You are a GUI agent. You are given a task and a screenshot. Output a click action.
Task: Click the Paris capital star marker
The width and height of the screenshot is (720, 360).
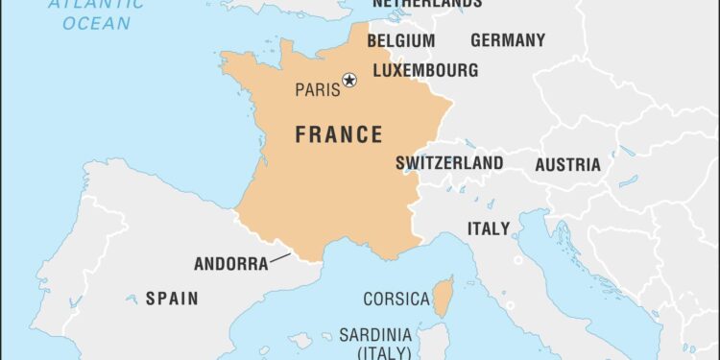pyautogui.click(x=349, y=79)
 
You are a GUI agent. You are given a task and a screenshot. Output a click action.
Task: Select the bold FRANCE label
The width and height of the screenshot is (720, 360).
pyautogui.click(x=339, y=134)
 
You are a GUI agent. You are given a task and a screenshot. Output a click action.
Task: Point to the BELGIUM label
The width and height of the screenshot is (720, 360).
pyautogui.click(x=400, y=41)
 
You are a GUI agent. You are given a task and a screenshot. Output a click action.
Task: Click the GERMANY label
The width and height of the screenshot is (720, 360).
pyautogui.click(x=507, y=40)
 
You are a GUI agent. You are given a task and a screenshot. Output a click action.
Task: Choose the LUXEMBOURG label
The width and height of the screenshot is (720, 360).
pyautogui.click(x=424, y=70)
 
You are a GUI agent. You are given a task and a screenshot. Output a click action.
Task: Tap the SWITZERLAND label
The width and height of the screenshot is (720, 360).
pyautogui.click(x=449, y=163)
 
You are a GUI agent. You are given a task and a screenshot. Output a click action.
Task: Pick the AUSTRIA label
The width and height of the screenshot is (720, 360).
pyautogui.click(x=567, y=165)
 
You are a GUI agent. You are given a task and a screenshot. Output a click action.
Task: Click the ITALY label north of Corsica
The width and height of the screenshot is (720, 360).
pyautogui.click(x=489, y=228)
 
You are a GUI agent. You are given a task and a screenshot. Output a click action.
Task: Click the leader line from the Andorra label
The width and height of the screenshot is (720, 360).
pyautogui.click(x=280, y=256)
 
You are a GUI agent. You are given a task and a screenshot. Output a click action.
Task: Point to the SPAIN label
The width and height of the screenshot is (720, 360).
pyautogui.click(x=172, y=299)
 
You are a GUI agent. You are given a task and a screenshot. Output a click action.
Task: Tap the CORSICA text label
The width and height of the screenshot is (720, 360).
pyautogui.click(x=396, y=300)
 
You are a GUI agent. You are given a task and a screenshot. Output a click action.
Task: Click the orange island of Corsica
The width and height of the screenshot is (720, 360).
pyautogui.click(x=444, y=297)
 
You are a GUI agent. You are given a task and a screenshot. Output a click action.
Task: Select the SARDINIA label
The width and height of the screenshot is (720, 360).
pyautogui.click(x=375, y=335)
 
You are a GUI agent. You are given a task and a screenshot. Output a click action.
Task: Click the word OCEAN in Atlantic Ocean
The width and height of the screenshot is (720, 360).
pyautogui.click(x=96, y=21)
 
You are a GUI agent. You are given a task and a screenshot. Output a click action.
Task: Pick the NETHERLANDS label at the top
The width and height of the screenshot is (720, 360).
pyautogui.click(x=426, y=4)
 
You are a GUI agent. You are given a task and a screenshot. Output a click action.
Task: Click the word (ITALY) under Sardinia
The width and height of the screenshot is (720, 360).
pyautogui.click(x=376, y=352)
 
